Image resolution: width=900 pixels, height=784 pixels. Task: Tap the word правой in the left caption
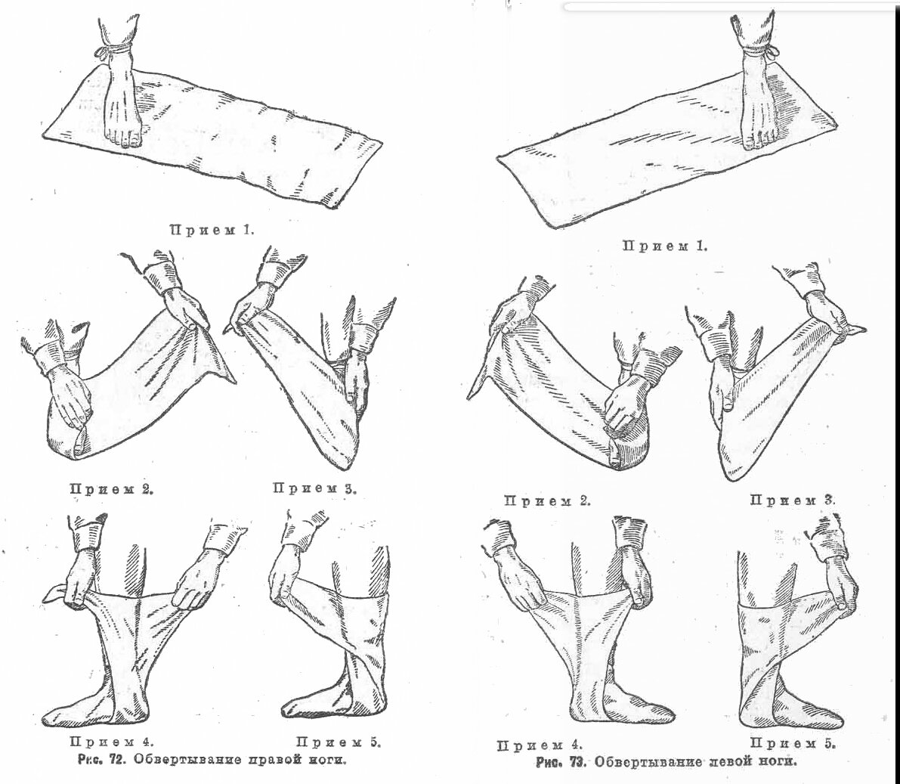click(x=271, y=761)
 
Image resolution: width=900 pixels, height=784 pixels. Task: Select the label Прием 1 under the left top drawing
click(x=212, y=230)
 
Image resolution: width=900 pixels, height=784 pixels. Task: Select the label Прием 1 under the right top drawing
click(x=665, y=246)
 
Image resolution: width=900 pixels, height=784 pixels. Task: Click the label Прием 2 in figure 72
click(x=111, y=489)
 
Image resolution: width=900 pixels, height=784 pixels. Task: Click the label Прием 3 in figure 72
click(x=314, y=489)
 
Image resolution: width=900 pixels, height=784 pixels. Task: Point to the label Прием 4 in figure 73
click(x=540, y=745)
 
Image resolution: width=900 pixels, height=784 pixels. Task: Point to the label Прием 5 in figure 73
click(x=793, y=743)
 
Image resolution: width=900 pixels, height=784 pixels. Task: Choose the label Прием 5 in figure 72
click(x=339, y=742)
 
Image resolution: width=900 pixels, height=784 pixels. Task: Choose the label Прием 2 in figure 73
click(x=547, y=500)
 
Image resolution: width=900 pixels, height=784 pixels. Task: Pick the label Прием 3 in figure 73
click(x=793, y=500)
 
